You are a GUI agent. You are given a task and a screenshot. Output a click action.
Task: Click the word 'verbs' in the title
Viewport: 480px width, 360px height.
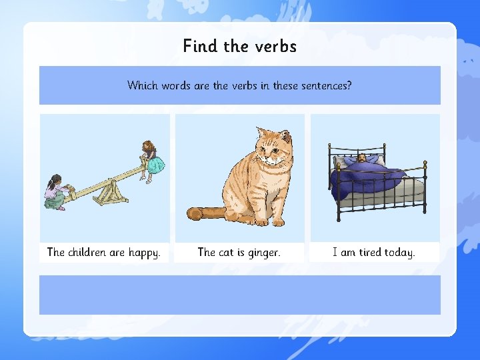pyautogui.click(x=275, y=46)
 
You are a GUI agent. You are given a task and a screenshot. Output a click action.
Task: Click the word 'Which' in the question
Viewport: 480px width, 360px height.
pyautogui.click(x=143, y=85)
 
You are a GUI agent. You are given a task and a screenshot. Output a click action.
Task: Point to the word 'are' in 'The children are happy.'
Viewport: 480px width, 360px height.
pyautogui.click(x=117, y=253)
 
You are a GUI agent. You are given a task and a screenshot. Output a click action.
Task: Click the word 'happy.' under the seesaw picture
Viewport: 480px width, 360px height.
pyautogui.click(x=144, y=253)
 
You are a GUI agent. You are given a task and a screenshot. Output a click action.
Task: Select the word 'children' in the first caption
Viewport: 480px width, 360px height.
pyautogui.click(x=87, y=253)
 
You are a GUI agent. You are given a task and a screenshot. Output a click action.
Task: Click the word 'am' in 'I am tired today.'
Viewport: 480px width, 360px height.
pyautogui.click(x=348, y=253)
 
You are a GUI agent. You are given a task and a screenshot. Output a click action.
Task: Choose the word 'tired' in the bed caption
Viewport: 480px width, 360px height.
pyautogui.click(x=370, y=253)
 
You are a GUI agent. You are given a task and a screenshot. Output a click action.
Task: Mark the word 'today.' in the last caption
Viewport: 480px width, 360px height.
pyautogui.click(x=400, y=253)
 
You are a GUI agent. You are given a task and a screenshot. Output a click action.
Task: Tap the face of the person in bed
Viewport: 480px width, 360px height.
pyautogui.click(x=361, y=159)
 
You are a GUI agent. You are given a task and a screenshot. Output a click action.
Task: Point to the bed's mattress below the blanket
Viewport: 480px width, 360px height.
pyautogui.click(x=393, y=195)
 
